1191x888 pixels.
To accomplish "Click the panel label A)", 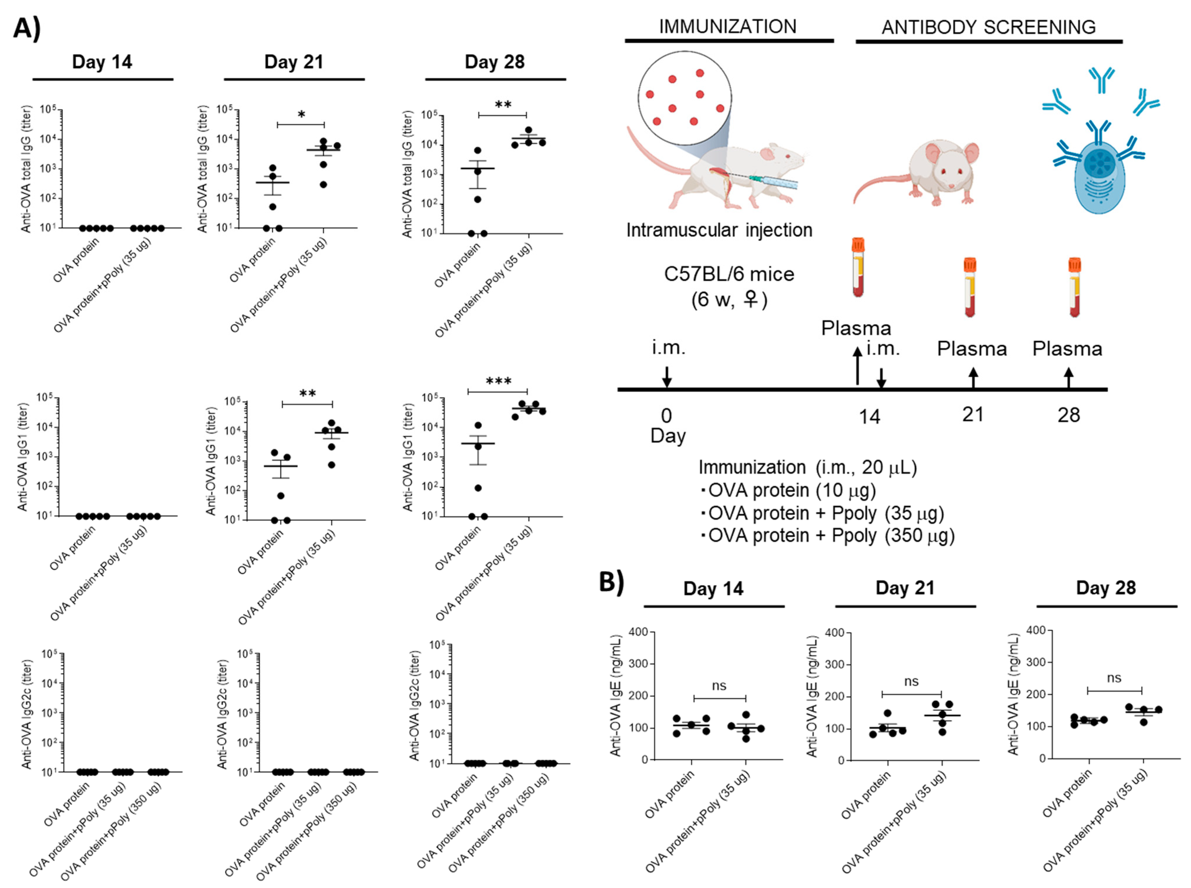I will click(x=27, y=28).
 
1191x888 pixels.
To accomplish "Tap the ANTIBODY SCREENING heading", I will click(x=988, y=27).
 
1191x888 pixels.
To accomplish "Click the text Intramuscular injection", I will click(x=719, y=230).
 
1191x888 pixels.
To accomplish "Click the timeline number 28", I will click(x=1069, y=415).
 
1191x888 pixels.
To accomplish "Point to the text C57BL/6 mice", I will click(x=729, y=274).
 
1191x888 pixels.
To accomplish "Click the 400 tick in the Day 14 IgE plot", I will click(x=638, y=632).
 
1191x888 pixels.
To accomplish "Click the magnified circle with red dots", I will click(x=685, y=99).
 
